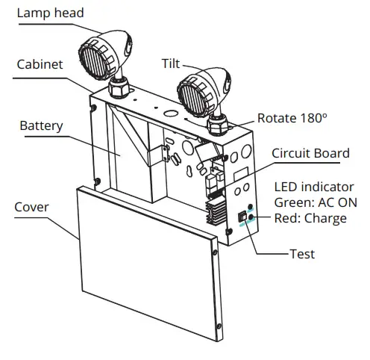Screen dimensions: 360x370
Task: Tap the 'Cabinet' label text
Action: coord(39,63)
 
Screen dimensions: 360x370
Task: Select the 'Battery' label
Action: coord(41,125)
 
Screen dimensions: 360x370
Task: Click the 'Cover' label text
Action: coord(31,207)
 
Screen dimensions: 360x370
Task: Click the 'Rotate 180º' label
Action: coord(292,118)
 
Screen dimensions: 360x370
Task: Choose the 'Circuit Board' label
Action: coord(310,154)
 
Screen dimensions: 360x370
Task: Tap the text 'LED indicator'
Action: coord(314,187)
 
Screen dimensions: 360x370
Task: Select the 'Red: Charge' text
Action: coord(310,218)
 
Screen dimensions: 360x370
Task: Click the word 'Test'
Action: coord(301,254)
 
